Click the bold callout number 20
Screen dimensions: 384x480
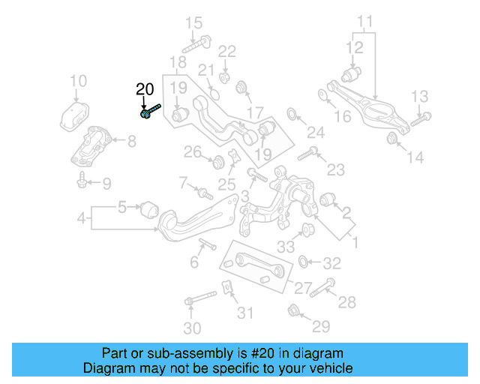pyautogui.click(x=145, y=90)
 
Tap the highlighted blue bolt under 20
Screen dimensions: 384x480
pyautogui.click(x=149, y=112)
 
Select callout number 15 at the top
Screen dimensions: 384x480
pyautogui.click(x=193, y=23)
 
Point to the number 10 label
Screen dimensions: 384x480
pyautogui.click(x=78, y=81)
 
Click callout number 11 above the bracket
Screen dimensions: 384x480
pyautogui.click(x=364, y=21)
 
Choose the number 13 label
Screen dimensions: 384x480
pyautogui.click(x=419, y=96)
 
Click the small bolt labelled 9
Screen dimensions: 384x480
pyautogui.click(x=81, y=180)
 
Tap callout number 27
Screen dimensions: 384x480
pyautogui.click(x=303, y=288)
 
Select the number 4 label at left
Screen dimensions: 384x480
pyautogui.click(x=81, y=219)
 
